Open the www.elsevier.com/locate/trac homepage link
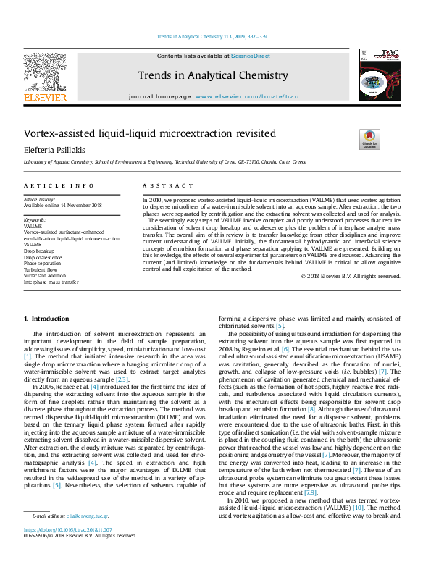point(246,96)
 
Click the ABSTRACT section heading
point(162,186)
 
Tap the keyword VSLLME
point(33,244)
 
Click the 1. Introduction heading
point(46,318)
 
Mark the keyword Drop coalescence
point(43,256)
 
